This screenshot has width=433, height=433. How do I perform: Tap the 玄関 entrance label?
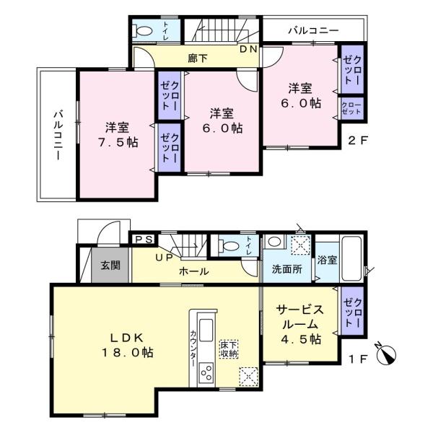click(x=110, y=266)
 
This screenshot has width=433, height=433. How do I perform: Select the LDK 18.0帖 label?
click(x=127, y=345)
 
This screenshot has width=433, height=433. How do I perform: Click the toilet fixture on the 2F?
click(x=142, y=30)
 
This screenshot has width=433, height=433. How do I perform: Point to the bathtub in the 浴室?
click(x=351, y=258)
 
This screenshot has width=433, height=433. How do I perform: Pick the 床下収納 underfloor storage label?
click(x=229, y=349)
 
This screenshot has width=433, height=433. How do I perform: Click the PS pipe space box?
click(x=144, y=239)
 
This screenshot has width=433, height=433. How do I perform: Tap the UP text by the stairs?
click(x=164, y=258)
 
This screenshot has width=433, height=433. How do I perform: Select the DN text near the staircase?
click(x=248, y=49)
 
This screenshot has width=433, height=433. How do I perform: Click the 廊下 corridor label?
click(x=198, y=58)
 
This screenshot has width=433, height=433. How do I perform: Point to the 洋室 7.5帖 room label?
click(x=118, y=135)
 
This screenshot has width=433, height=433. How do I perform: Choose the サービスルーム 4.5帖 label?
click(x=300, y=324)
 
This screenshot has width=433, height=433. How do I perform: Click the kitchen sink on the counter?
click(x=206, y=330)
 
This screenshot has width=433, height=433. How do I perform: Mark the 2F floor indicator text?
click(x=357, y=141)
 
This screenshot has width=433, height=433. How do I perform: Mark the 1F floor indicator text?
click(x=358, y=359)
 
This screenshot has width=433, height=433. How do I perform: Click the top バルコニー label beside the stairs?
click(x=313, y=30)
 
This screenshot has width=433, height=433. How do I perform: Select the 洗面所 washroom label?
click(x=287, y=269)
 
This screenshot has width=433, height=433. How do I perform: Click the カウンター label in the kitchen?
click(x=193, y=349)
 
